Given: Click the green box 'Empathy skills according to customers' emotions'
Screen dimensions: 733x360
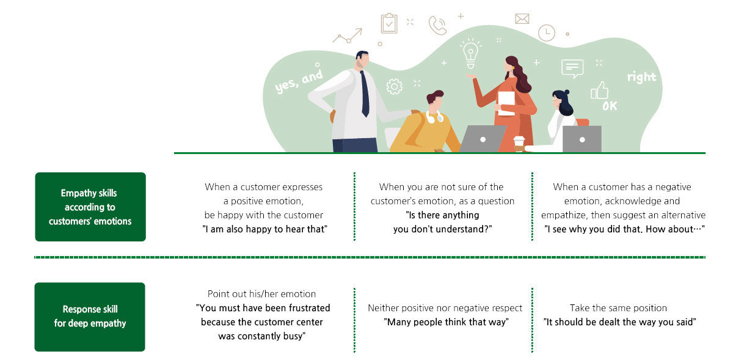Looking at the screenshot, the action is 90,207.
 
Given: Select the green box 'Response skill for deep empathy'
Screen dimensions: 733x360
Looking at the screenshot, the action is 90,317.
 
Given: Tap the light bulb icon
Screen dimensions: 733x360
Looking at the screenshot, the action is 470,54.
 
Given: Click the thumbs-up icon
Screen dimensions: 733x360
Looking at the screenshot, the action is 599,90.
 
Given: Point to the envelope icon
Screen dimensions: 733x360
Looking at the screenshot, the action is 522,19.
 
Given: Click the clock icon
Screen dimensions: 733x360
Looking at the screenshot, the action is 547,33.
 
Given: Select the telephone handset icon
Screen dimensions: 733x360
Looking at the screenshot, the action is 437,25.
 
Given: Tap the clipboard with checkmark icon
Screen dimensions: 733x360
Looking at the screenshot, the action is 389,23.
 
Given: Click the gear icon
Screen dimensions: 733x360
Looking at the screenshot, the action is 395,87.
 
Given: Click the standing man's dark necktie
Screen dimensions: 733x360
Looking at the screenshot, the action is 365,94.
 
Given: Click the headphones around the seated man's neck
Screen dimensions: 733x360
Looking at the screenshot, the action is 434,117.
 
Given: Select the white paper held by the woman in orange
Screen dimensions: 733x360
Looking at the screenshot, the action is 506,103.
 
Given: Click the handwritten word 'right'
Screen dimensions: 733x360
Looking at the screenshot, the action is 642,78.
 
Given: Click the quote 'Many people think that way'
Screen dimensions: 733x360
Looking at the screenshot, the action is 447,322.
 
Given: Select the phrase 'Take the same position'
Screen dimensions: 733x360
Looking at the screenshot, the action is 618,308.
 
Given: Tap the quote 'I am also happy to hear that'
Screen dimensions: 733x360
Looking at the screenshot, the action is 264,229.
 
